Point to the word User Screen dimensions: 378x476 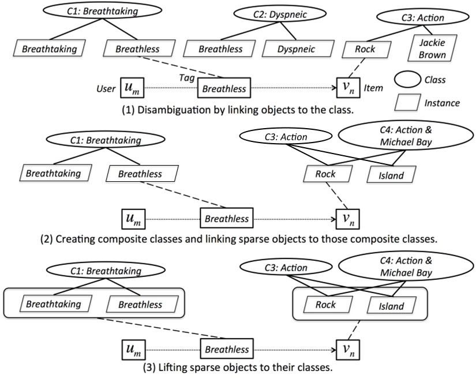107,89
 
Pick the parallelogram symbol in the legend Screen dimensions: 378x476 412,103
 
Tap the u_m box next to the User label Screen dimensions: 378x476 132,89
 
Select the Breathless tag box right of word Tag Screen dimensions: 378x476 224,89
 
